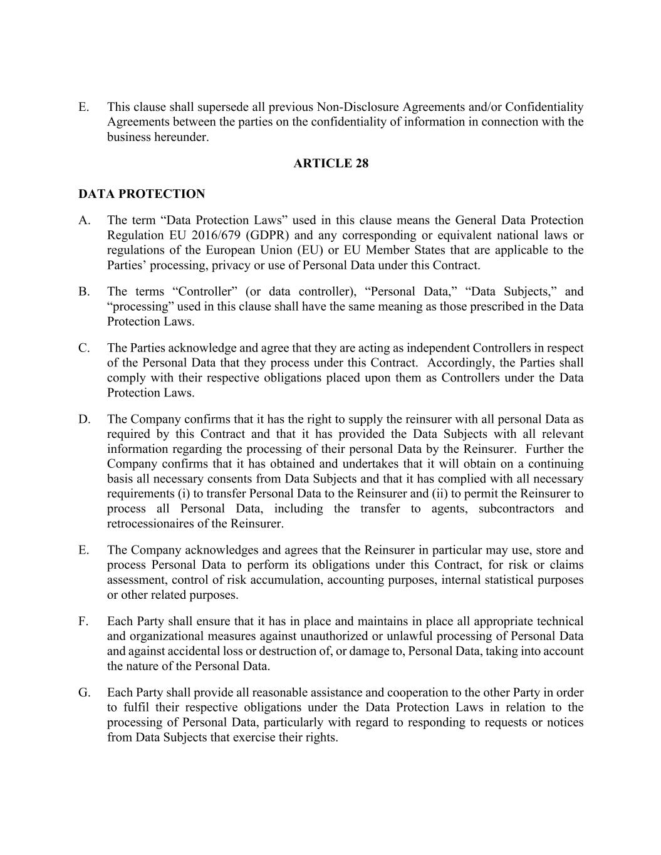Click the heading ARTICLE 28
pos(331,163)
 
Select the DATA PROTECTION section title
pos(142,194)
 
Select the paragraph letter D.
pos(84,419)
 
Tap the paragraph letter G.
pos(84,693)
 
